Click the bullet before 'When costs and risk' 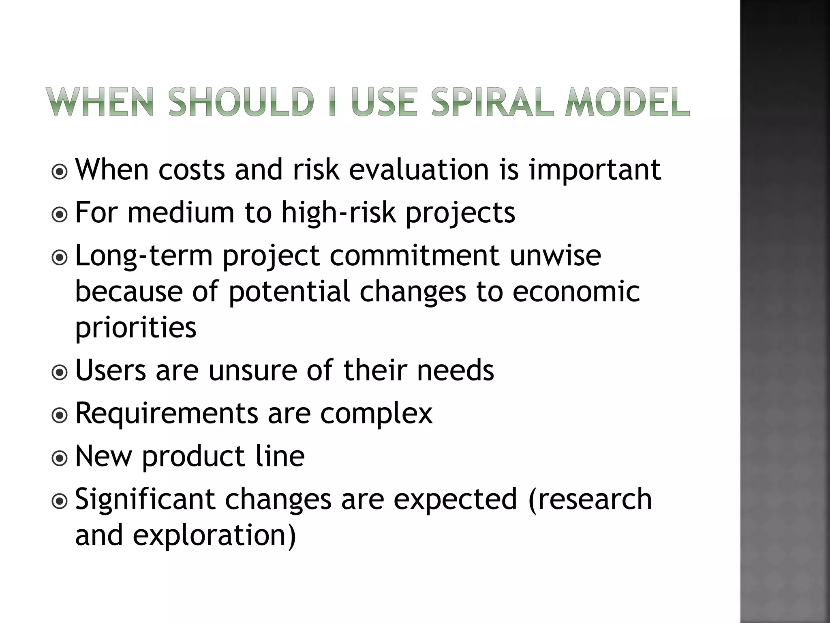[60, 172]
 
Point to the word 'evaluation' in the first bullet [419, 169]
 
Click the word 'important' [595, 169]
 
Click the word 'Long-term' [144, 256]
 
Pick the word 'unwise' [555, 255]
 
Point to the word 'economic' [576, 291]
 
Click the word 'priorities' [136, 328]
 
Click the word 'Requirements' [167, 414]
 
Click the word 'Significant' [145, 499]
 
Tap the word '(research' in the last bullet [590, 499]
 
